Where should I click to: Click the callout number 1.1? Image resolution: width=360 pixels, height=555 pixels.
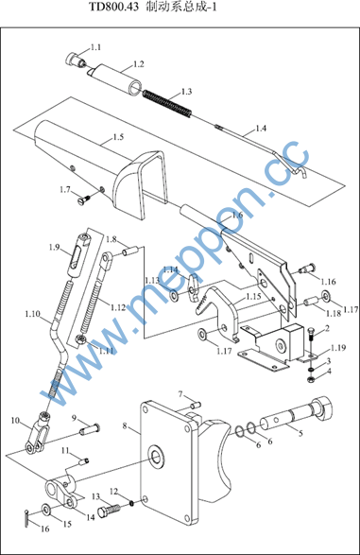point(95,47)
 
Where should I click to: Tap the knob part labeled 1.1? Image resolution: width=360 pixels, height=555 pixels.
point(75,60)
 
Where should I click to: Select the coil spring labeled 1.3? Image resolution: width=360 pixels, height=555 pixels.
point(167,104)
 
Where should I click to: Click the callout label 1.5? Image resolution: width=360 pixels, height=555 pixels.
point(118,137)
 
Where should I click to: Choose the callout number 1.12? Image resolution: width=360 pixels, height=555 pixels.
point(118,307)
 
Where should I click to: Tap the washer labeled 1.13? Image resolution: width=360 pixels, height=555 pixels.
point(174,294)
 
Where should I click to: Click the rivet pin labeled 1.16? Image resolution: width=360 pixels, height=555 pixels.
point(306,269)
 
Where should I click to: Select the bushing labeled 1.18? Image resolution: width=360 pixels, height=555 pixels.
point(311,303)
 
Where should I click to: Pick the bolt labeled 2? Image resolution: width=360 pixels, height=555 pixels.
point(312,338)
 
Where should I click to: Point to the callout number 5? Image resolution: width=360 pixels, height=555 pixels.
point(300,433)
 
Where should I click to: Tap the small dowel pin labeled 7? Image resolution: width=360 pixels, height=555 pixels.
point(196,403)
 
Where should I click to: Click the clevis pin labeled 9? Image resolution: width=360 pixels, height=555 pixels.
point(89,429)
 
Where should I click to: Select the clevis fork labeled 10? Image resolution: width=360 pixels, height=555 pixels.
point(37,433)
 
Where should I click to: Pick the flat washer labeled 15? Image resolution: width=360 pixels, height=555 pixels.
point(45,510)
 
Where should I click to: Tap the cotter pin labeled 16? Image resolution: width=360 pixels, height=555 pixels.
point(26,518)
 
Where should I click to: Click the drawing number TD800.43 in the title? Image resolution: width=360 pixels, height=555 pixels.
point(111,7)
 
